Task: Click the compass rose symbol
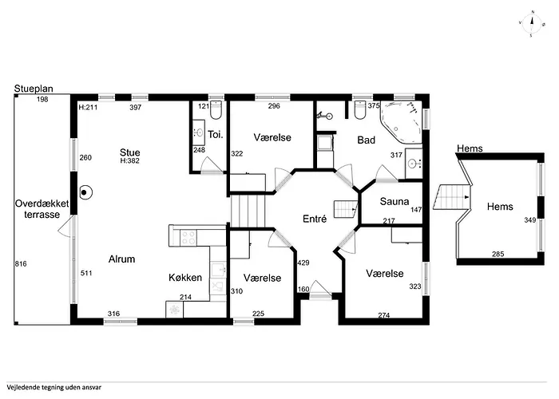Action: pyautogui.click(x=532, y=23)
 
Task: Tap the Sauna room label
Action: pyautogui.click(x=394, y=201)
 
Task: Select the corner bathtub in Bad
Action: pyautogui.click(x=401, y=121)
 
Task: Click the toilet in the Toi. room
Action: pyautogui.click(x=216, y=109)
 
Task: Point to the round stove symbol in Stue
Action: pyautogui.click(x=85, y=192)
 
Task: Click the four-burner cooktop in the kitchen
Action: pyautogui.click(x=188, y=238)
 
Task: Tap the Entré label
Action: pyautogui.click(x=315, y=219)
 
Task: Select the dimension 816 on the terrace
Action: pyautogui.click(x=21, y=264)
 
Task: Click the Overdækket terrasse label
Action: pyautogui.click(x=42, y=209)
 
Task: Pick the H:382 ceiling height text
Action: pyautogui.click(x=129, y=161)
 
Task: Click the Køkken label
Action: pyautogui.click(x=185, y=278)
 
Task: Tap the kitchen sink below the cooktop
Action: pyautogui.click(x=218, y=271)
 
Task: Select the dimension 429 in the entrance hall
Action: pyautogui.click(x=303, y=263)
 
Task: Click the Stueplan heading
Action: pyautogui.click(x=34, y=89)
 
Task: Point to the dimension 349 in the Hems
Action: pyautogui.click(x=530, y=220)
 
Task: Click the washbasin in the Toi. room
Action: pyautogui.click(x=199, y=132)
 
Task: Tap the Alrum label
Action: pyautogui.click(x=121, y=259)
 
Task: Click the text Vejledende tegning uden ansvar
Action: pyautogui.click(x=54, y=388)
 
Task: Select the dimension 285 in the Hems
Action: pyautogui.click(x=498, y=254)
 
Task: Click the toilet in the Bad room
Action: pyautogui.click(x=360, y=109)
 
